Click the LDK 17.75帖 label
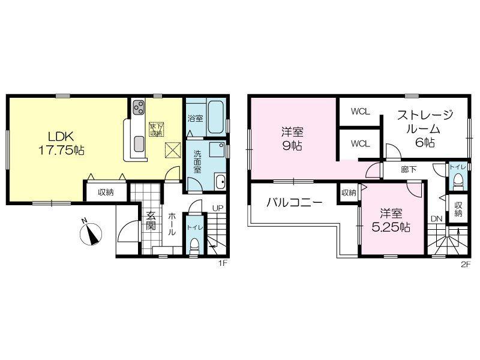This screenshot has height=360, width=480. pyautogui.click(x=61, y=143)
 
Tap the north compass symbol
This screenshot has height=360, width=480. pyautogui.click(x=91, y=233)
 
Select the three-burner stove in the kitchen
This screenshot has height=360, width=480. pyautogui.click(x=139, y=107)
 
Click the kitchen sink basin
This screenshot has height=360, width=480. pyautogui.click(x=139, y=143)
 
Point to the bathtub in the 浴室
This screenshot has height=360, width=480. pyautogui.click(x=217, y=117)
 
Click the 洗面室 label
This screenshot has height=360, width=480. pyautogui.click(x=197, y=162)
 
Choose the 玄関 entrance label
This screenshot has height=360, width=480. pyautogui.click(x=151, y=220)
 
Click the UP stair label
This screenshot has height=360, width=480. pyautogui.click(x=218, y=208)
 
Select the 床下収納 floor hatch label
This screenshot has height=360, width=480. pyautogui.click(x=157, y=129)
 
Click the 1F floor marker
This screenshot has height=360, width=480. pyautogui.click(x=222, y=263)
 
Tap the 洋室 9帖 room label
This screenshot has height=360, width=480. pyautogui.click(x=292, y=140)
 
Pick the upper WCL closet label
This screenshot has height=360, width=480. pyautogui.click(x=361, y=112)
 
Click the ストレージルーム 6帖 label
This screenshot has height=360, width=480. pyautogui.click(x=425, y=129)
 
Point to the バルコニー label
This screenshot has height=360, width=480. pyautogui.click(x=294, y=202)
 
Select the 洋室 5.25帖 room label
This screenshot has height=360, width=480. pyautogui.click(x=391, y=220)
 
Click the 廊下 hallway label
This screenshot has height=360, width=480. pyautogui.click(x=409, y=169)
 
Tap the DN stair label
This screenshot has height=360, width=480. pyautogui.click(x=437, y=219)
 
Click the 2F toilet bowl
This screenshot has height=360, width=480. pyautogui.click(x=458, y=182)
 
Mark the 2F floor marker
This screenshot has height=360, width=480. pyautogui.click(x=466, y=265)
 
